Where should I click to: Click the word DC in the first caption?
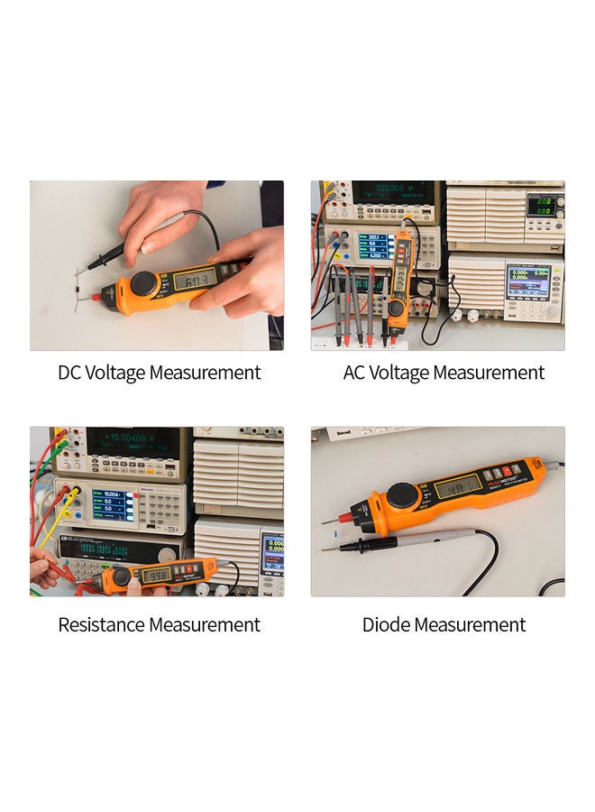coord(69,373)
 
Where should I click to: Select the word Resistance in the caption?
coord(101,624)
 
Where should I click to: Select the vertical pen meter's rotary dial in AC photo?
coord(396,309)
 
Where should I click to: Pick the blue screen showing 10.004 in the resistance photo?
coord(111,502)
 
